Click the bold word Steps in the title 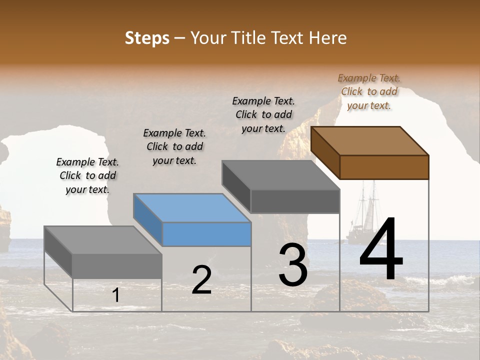(x=147, y=38)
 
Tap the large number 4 (x=381, y=249)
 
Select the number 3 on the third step (x=293, y=265)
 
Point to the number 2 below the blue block (x=201, y=280)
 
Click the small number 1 (x=115, y=295)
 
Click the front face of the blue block (x=207, y=234)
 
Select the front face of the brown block (x=384, y=167)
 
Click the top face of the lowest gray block (x=103, y=240)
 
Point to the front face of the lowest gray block (x=117, y=266)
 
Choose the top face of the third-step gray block (x=281, y=175)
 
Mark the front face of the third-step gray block (x=295, y=201)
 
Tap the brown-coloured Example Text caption (x=369, y=91)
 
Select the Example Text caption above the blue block (x=174, y=146)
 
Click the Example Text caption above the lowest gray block (x=87, y=175)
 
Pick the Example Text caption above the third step (x=263, y=114)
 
